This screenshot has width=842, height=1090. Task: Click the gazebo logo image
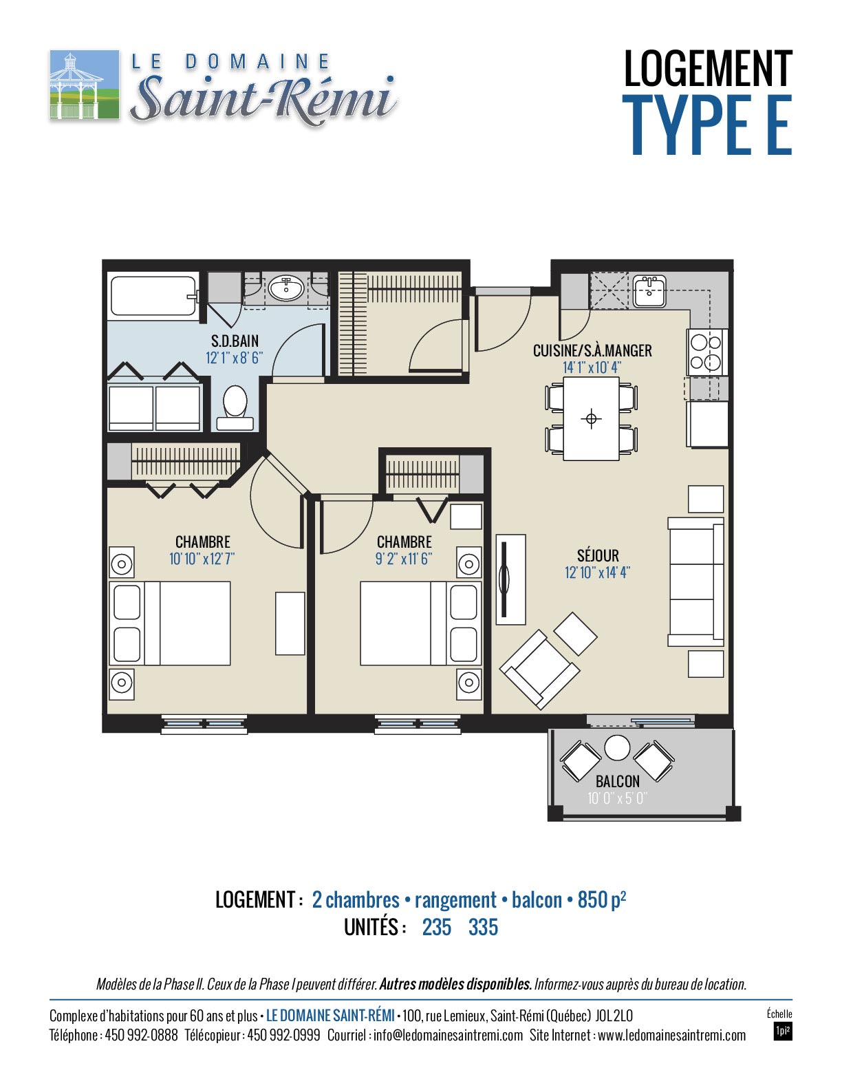pyautogui.click(x=85, y=85)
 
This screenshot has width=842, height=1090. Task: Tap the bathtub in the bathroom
pyautogui.click(x=153, y=296)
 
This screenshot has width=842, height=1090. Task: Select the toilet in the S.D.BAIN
pyautogui.click(x=235, y=408)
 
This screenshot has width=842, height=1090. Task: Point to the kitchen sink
pyautogui.click(x=649, y=291)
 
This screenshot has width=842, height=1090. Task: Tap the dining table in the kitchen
pyautogui.click(x=591, y=418)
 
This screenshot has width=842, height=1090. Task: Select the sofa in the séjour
pyautogui.click(x=696, y=581)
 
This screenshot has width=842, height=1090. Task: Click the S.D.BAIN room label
pyautogui.click(x=235, y=341)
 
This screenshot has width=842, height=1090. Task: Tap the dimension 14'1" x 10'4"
pyautogui.click(x=592, y=367)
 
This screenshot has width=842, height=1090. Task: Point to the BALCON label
pyautogui.click(x=617, y=781)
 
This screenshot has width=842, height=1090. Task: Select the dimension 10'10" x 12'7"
pyautogui.click(x=202, y=558)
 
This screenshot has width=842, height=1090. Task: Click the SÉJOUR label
pyautogui.click(x=598, y=555)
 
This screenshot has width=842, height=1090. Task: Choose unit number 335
pyautogui.click(x=483, y=927)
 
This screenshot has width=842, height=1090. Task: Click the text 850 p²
pyautogui.click(x=602, y=900)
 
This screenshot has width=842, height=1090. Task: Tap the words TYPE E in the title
pyautogui.click(x=707, y=125)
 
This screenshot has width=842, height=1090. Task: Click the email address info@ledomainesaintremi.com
pyautogui.click(x=448, y=1035)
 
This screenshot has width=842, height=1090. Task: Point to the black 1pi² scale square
pyautogui.click(x=782, y=1032)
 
